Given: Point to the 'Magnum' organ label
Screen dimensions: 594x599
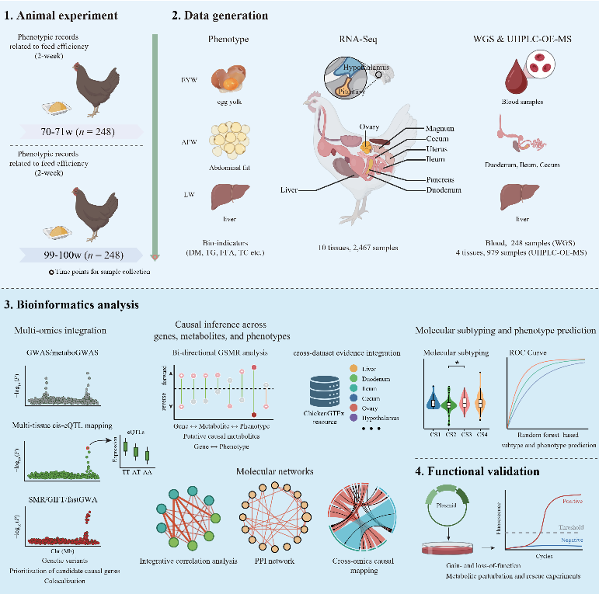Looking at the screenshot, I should [x=441, y=127].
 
